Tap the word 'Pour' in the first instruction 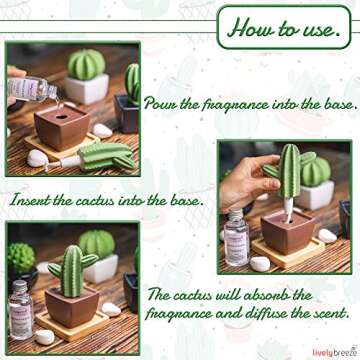point(162,104)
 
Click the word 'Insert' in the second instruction point(35,200)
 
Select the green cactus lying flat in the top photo point(100,156)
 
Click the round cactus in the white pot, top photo point(88,68)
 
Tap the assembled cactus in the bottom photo point(68,262)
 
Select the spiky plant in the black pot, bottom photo point(20,258)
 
